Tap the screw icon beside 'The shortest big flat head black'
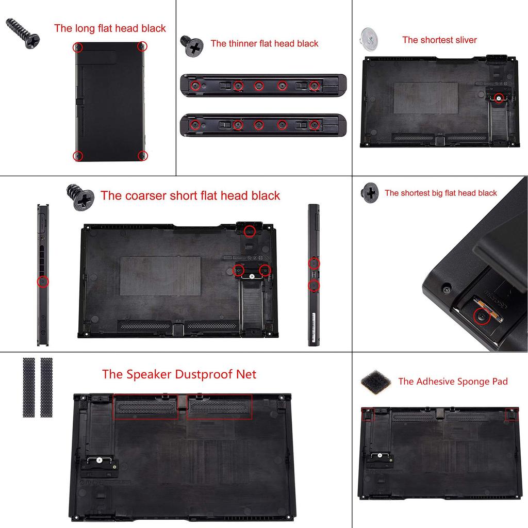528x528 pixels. (370, 192)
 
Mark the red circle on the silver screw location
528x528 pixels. (498, 97)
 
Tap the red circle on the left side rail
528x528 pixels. (43, 282)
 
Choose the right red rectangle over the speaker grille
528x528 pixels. (219, 407)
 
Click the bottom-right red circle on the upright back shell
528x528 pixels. (143, 155)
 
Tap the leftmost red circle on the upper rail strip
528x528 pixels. (195, 86)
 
